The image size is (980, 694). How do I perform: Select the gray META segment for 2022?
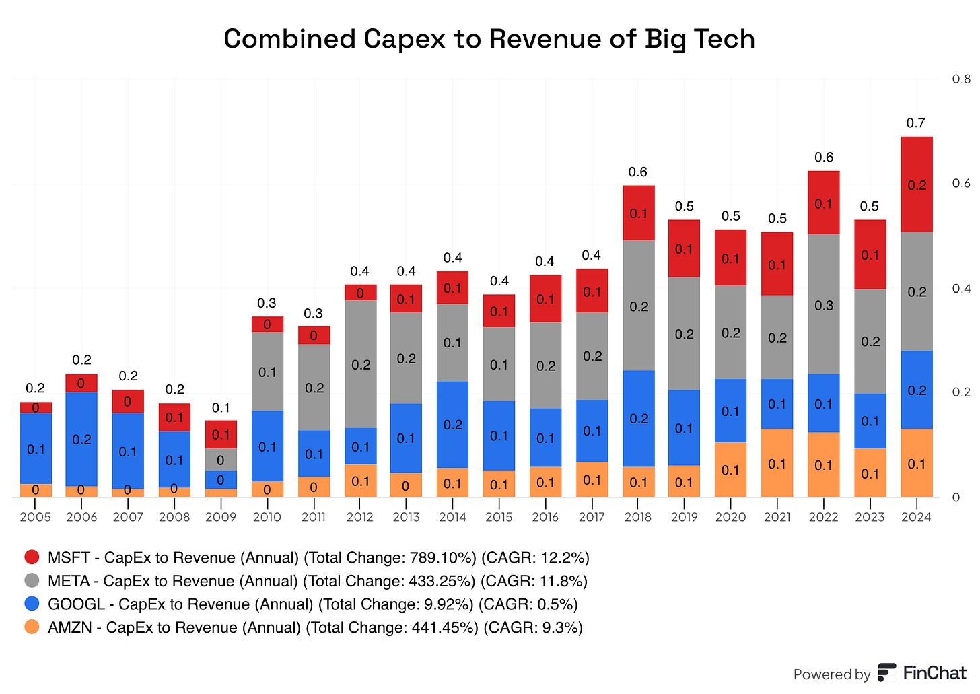point(823,304)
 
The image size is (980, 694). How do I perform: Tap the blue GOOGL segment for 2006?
point(81,439)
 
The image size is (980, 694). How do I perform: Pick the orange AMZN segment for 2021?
point(777,463)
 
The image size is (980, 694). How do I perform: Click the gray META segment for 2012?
point(360,364)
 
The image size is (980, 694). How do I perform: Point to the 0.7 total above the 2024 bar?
point(916,123)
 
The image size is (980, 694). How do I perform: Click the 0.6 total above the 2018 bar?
point(637,172)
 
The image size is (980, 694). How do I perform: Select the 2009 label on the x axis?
point(221,517)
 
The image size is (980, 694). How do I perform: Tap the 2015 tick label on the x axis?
point(499,517)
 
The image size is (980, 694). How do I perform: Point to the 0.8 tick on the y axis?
point(960,79)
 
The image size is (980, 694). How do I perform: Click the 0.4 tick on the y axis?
point(960,289)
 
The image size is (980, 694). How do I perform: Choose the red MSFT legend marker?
point(32,557)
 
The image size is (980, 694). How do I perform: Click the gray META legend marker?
point(32,581)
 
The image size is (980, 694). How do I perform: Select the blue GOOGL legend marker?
point(32,604)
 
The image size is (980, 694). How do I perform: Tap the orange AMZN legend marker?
point(32,627)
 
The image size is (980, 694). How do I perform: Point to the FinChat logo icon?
point(886,673)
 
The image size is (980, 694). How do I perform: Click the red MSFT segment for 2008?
point(174,417)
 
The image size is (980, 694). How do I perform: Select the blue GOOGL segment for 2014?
point(452,424)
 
